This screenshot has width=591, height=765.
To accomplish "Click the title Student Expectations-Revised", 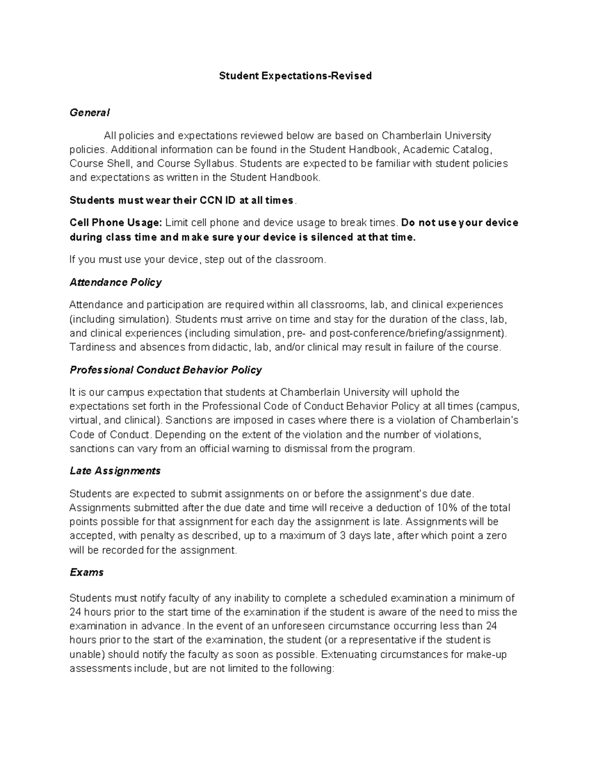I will (295, 76).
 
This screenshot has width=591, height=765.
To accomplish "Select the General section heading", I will (89, 113).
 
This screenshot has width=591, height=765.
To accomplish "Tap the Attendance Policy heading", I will (116, 282).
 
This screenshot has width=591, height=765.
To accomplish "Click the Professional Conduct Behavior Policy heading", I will (165, 370).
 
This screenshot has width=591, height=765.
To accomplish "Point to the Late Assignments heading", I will (115, 471).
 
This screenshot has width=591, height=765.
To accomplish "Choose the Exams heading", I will (87, 572).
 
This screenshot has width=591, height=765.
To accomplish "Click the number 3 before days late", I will (343, 536).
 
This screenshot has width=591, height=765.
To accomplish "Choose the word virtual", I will (85, 421).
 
